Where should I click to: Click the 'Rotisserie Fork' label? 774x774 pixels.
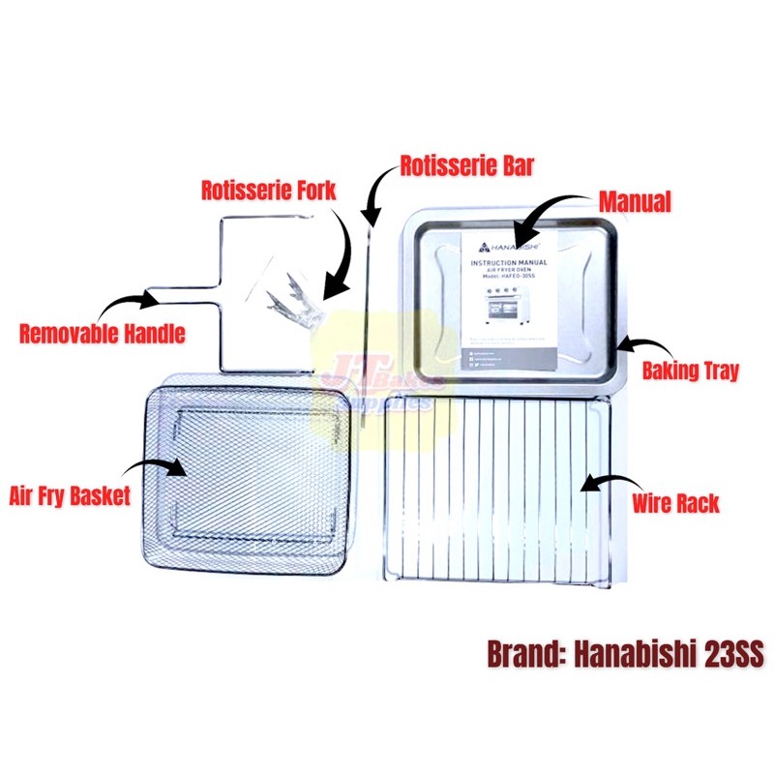coord(268,190)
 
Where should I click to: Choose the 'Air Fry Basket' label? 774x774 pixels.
coord(70,497)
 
